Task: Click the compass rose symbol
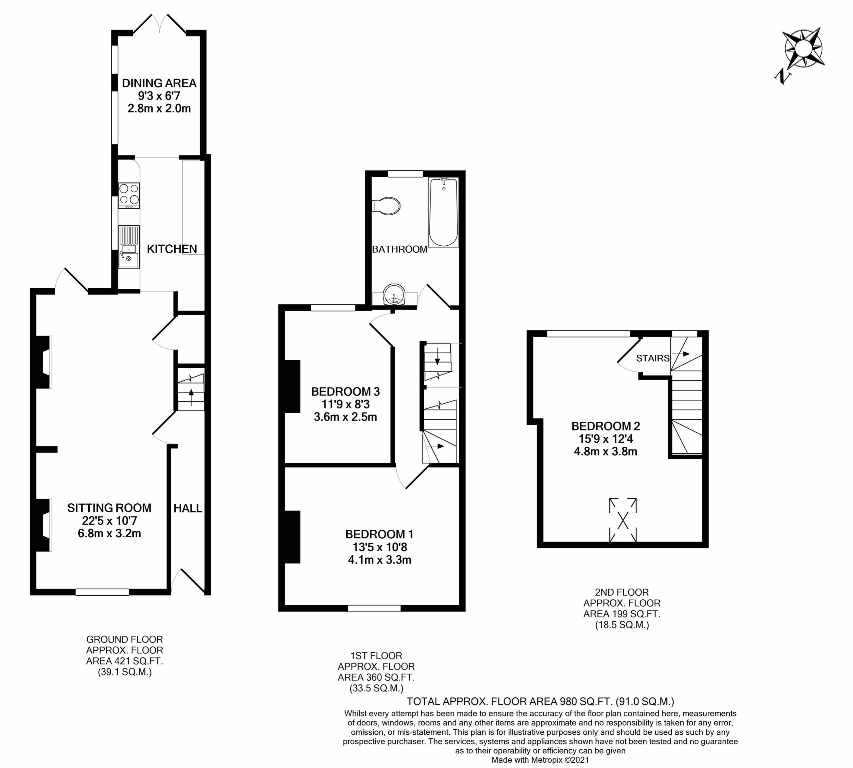pos(802,54)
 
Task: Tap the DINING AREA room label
pos(159,83)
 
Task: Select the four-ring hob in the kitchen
pos(129,195)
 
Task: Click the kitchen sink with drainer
pos(129,247)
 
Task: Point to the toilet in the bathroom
pos(386,206)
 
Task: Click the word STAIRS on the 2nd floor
pos(653,358)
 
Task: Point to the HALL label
pos(188,508)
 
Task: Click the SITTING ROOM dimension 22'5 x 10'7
pos(109,521)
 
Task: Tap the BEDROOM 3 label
pos(346,391)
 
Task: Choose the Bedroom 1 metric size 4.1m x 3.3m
pos(380,560)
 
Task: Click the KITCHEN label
pos(172,249)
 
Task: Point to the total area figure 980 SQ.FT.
pos(586,702)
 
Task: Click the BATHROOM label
pos(400,249)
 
